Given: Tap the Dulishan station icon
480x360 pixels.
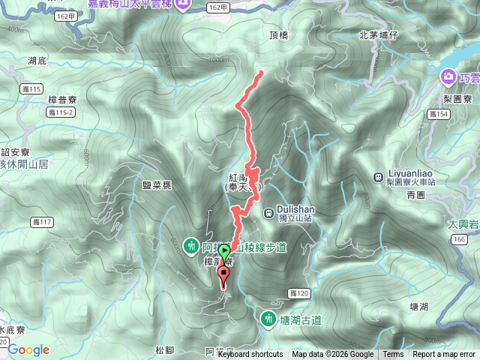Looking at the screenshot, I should pos(268,212).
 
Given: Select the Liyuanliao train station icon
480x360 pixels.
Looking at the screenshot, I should pos(377,177).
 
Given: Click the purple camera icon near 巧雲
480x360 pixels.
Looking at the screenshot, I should pos(448,76).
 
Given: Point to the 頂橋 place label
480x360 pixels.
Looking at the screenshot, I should pos(277,34).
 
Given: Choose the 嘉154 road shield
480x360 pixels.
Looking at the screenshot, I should pos(436,114).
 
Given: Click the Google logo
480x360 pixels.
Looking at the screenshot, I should pos(28,349).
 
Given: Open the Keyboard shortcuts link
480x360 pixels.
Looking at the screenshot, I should pos(250,355).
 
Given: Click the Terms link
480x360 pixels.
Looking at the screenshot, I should pos(393,355).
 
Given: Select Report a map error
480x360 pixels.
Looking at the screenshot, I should pos(445,355).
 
